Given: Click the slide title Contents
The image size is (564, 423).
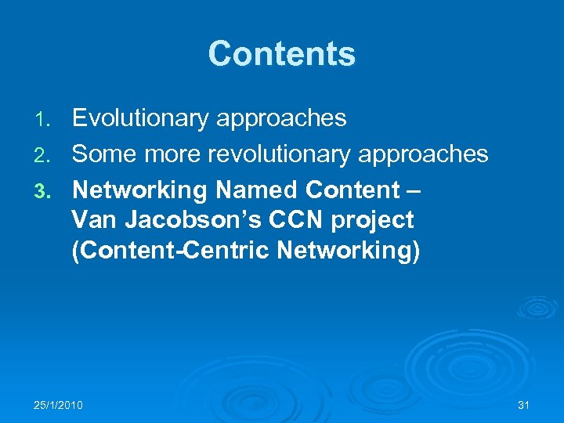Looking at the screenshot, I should pos(281,54).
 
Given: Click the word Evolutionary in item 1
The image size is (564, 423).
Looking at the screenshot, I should pos(139,119).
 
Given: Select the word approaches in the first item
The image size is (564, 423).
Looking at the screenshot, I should pos(280,119).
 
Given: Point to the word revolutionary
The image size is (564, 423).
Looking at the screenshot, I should pos(255,154).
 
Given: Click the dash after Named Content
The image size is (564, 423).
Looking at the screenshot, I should pos(414,190).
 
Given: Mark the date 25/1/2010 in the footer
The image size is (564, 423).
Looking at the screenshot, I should pos(59,405).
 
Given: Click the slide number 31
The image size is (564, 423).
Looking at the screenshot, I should pos(523,405).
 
